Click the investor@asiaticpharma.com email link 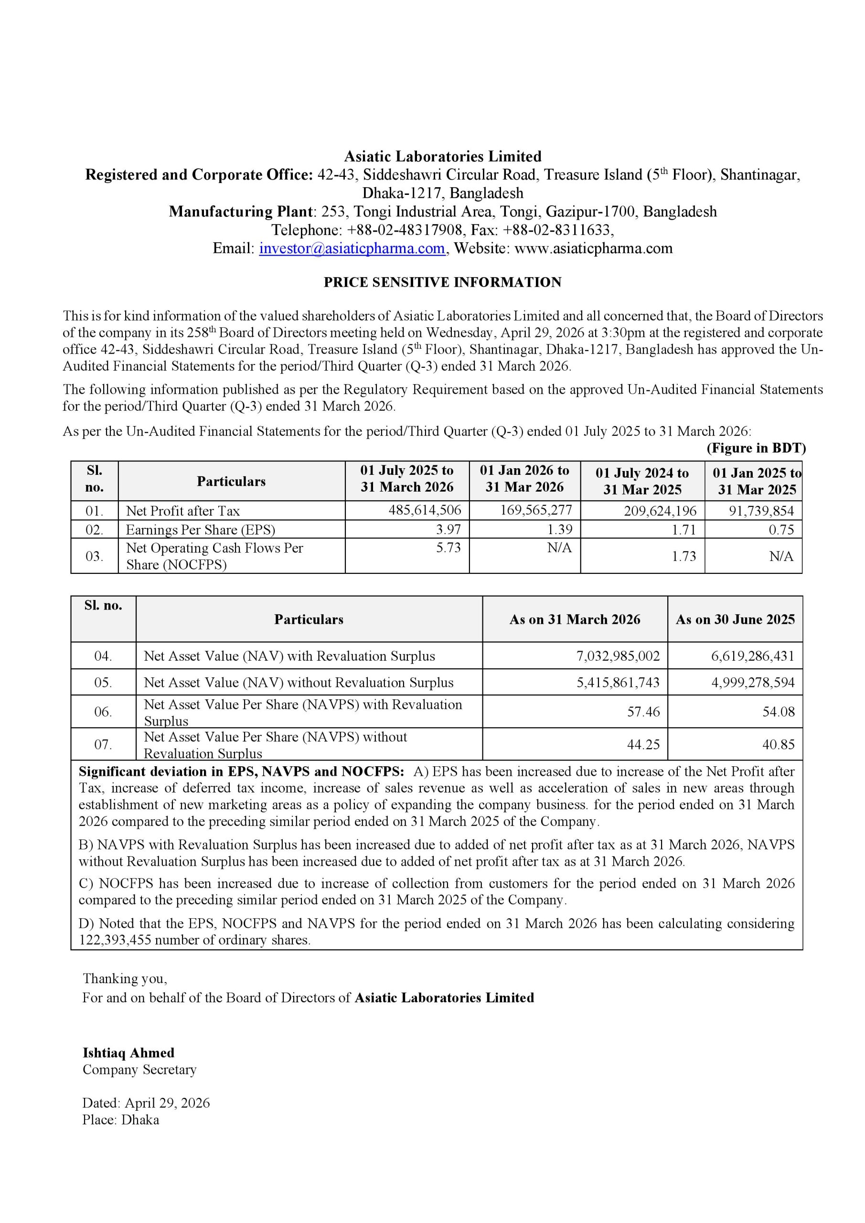(x=352, y=249)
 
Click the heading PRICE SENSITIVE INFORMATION (x=442, y=282)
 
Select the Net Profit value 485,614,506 (x=425, y=510)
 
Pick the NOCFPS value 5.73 (x=448, y=547)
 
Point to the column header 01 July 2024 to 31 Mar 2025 (x=642, y=481)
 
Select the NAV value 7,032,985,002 (x=618, y=656)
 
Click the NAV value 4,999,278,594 (x=753, y=682)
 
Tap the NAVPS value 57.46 (x=643, y=712)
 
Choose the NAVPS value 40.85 (x=778, y=744)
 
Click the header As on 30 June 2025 (x=735, y=620)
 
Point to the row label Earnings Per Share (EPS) (x=200, y=530)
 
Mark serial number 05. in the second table (x=103, y=682)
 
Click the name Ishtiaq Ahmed (x=128, y=1052)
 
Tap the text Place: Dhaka (x=120, y=1119)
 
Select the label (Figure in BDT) (x=756, y=448)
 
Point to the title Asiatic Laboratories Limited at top (x=442, y=157)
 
